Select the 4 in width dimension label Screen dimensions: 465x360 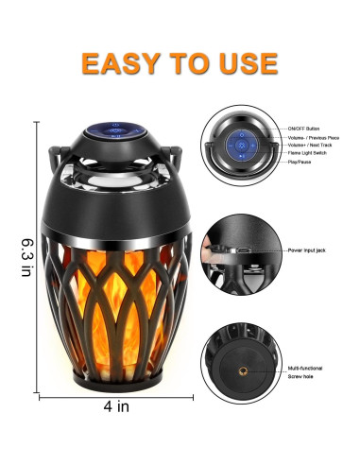click(117, 409)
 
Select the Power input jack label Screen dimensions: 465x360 click(309, 250)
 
